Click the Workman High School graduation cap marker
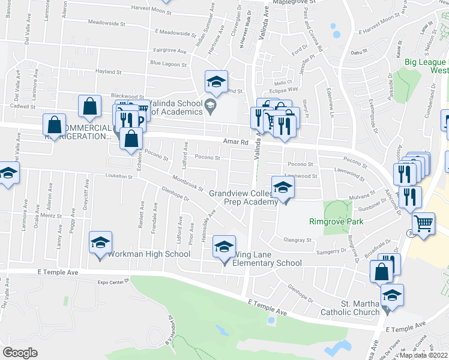coord(100,243)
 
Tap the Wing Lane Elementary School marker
coord(225,248)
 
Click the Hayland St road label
coord(109,72)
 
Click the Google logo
coord(20,352)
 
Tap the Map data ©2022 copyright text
coord(423,355)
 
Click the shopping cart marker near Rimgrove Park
coord(424,224)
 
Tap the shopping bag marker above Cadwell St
coord(89,106)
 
